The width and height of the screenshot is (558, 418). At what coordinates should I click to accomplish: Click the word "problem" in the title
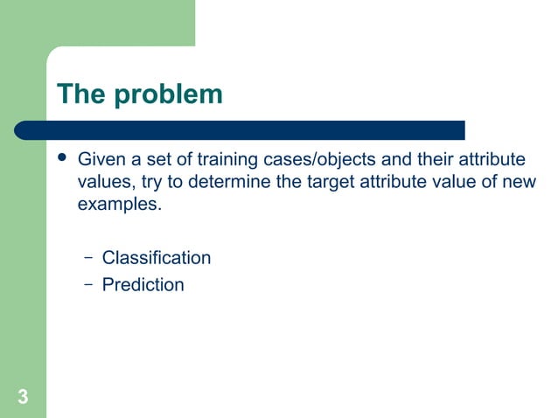[x=168, y=94]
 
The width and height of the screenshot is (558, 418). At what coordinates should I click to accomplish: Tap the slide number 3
[x=23, y=398]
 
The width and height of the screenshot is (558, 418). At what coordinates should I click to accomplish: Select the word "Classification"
[x=157, y=258]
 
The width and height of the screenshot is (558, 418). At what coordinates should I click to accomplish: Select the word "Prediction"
[x=143, y=284]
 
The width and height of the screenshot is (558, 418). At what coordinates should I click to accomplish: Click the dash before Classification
[x=87, y=258]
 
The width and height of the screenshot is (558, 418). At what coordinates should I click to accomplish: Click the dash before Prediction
[x=87, y=284]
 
